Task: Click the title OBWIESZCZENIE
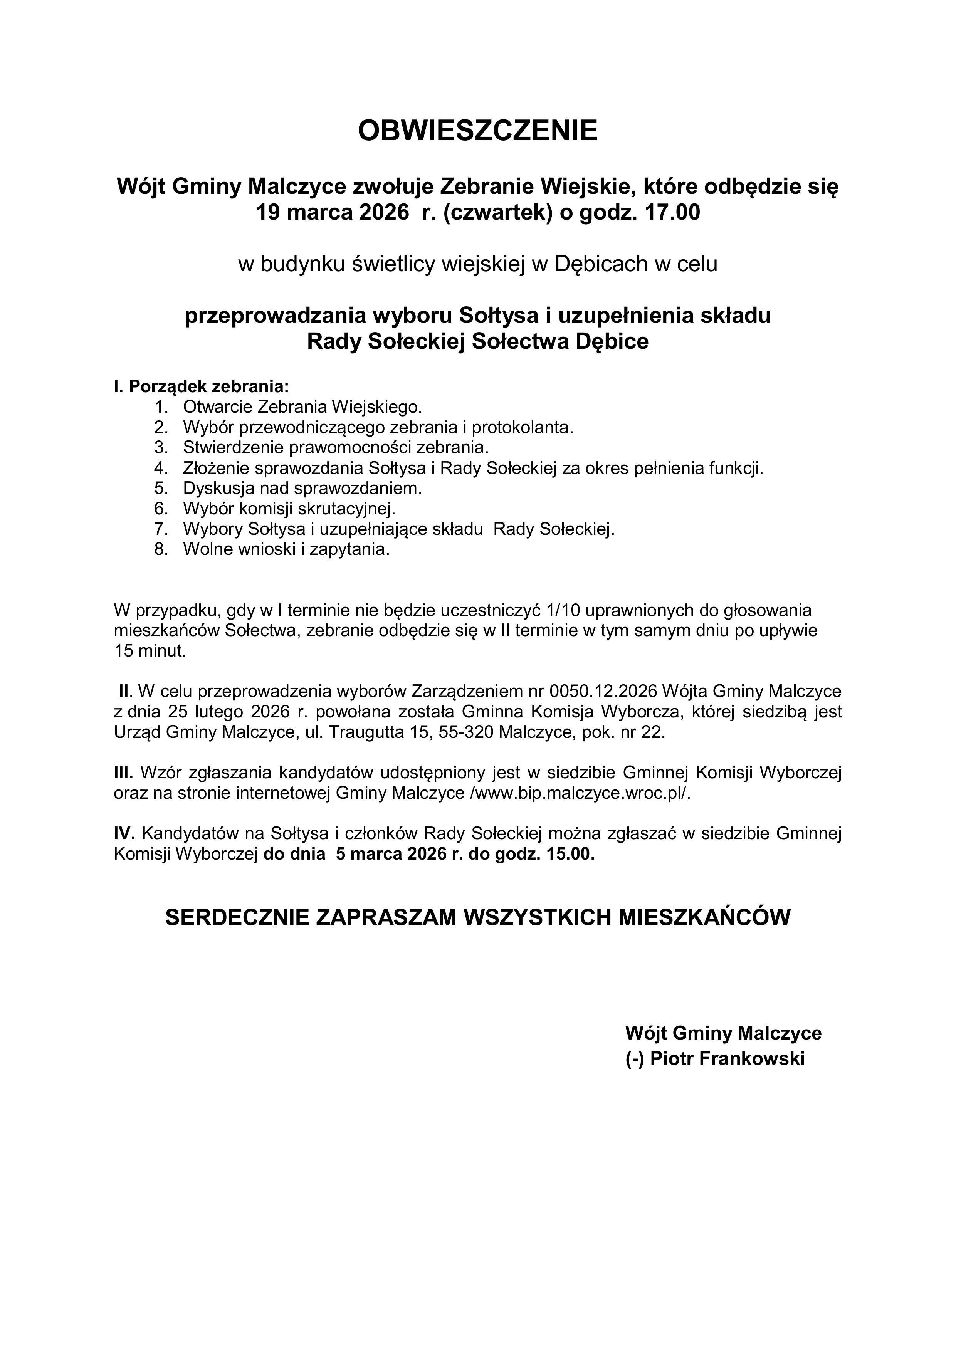(x=478, y=130)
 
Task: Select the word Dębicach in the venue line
(x=598, y=264)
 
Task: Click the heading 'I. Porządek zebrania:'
(x=202, y=386)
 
